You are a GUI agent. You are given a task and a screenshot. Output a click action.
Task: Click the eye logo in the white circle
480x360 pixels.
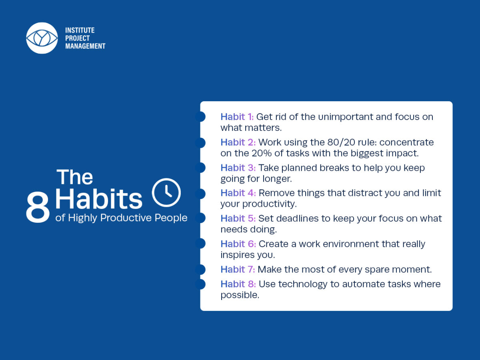coord(42,38)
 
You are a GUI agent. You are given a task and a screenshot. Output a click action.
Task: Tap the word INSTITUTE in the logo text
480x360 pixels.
coord(80,30)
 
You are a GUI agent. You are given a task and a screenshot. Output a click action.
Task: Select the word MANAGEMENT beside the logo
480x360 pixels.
coord(85,46)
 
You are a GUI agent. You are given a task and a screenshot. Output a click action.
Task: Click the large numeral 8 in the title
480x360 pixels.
coord(38,207)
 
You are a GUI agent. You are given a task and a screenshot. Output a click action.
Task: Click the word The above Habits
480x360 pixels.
coord(75,177)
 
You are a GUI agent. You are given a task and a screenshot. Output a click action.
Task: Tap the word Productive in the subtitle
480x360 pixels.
coord(126,218)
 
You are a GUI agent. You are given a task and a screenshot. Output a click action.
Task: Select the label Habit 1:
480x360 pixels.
coord(237,117)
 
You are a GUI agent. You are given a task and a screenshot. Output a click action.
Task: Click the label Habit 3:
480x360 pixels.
coord(238,168)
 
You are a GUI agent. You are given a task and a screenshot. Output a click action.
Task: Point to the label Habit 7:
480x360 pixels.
coord(238,269)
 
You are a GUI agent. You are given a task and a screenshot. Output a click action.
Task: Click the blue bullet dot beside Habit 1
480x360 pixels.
coord(200,116)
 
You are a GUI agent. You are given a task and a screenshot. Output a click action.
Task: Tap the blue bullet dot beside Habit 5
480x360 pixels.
coord(200,218)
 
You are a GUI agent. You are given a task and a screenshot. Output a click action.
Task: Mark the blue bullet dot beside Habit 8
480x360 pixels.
coord(200,284)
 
